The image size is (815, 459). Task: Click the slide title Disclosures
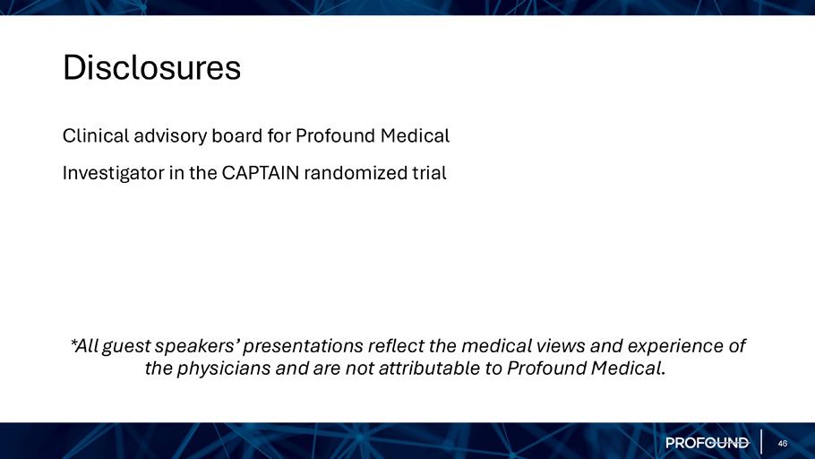(x=151, y=67)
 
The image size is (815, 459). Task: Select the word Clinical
(x=96, y=136)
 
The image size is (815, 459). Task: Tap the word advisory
(x=170, y=136)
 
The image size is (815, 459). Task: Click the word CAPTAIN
(x=261, y=173)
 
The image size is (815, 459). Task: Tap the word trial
(x=429, y=173)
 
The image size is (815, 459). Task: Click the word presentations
(x=303, y=346)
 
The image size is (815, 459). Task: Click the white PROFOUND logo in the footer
(x=708, y=443)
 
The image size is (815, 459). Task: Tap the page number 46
(x=782, y=444)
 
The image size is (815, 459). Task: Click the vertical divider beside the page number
(x=761, y=442)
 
